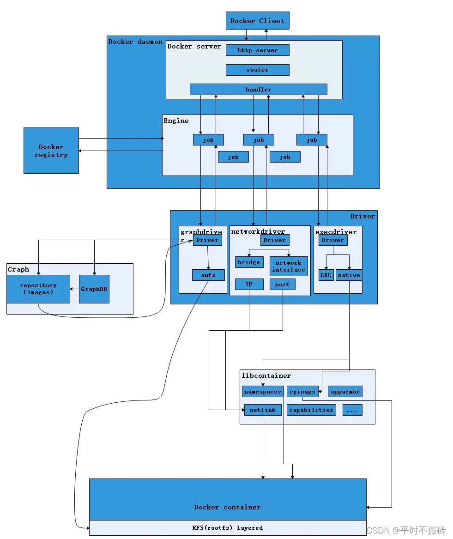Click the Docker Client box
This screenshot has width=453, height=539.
(257, 21)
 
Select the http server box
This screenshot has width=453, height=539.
(257, 50)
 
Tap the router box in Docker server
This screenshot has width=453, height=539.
(257, 70)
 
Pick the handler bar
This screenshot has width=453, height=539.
(258, 89)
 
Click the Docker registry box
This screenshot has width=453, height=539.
(51, 151)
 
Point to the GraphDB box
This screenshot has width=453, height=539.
(94, 289)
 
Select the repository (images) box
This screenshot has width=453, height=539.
(38, 289)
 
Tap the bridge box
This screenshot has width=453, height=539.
(249, 262)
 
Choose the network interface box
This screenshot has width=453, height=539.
(289, 266)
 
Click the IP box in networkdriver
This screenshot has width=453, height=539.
(249, 285)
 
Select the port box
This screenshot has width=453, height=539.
(282, 285)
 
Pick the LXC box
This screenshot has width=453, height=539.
(326, 275)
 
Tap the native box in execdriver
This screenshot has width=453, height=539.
(349, 275)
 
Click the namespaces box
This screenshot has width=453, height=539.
(262, 392)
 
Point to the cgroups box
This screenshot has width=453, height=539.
(302, 392)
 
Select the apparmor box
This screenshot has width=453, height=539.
(345, 392)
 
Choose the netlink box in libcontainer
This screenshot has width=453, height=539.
(262, 410)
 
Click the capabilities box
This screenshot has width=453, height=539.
(311, 410)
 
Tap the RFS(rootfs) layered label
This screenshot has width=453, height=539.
(227, 527)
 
